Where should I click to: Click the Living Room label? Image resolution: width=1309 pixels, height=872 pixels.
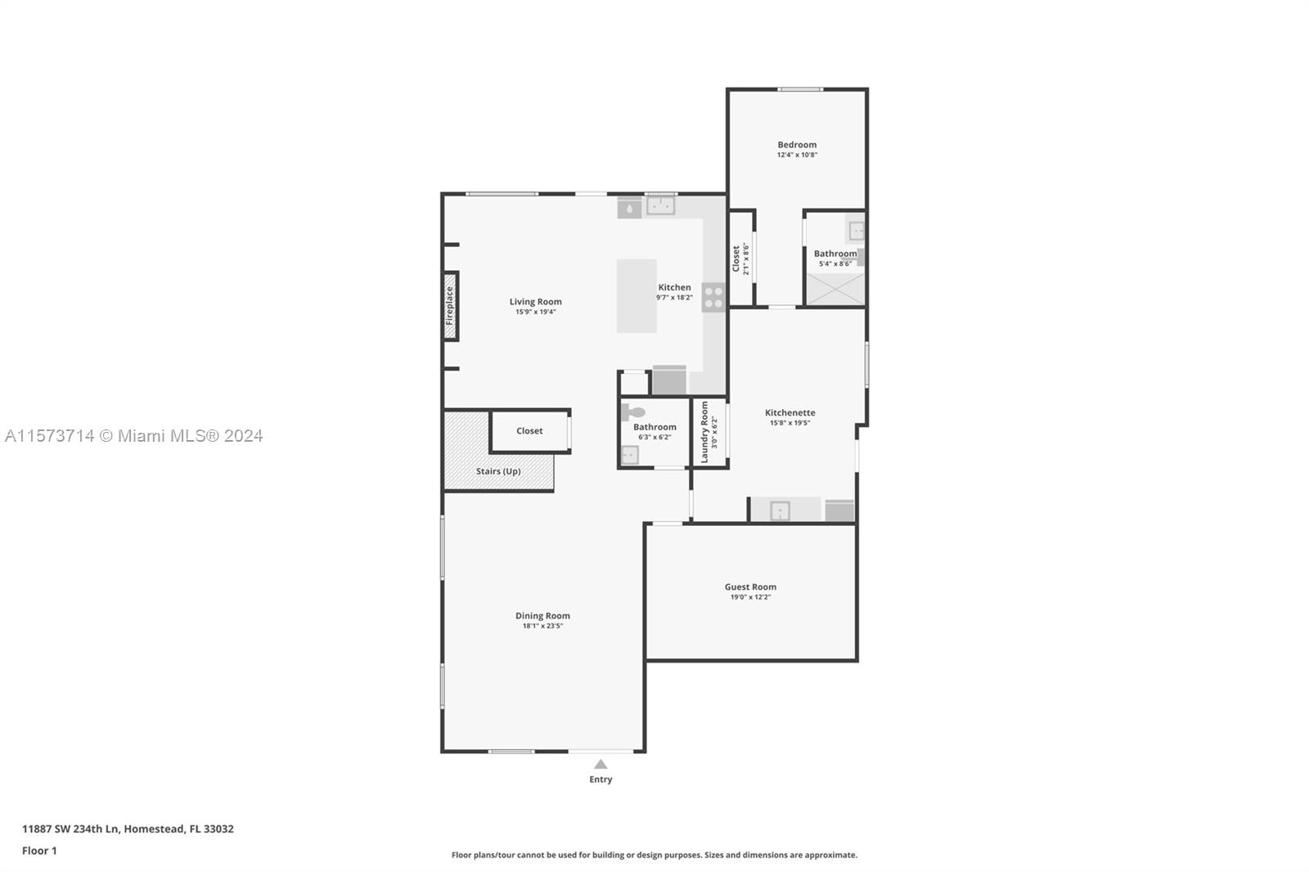click(535, 302)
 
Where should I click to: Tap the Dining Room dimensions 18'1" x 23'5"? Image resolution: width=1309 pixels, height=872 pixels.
click(542, 626)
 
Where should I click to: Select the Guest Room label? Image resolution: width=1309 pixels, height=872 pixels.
click(750, 587)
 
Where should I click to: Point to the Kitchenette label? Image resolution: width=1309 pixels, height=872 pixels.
click(790, 412)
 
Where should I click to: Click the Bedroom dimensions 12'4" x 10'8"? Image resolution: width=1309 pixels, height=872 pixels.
click(797, 155)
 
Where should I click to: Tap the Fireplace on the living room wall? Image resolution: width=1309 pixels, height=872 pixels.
click(449, 306)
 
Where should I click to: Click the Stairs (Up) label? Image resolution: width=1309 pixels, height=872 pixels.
click(498, 471)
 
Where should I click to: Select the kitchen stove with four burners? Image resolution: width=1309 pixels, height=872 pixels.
click(713, 297)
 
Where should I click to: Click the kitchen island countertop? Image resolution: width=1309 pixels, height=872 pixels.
click(637, 296)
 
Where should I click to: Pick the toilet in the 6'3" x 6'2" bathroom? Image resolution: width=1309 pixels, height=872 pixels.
click(632, 412)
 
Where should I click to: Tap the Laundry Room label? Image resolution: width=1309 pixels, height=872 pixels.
click(704, 432)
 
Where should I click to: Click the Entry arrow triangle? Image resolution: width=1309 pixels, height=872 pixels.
click(601, 764)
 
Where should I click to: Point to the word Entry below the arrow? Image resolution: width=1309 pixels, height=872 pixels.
click(601, 779)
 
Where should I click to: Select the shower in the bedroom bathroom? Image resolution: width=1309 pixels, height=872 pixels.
click(835, 289)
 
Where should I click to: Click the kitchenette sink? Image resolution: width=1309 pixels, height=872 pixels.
click(780, 510)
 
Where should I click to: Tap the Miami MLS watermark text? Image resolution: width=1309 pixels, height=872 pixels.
click(134, 436)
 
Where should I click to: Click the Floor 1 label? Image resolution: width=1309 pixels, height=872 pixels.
click(39, 851)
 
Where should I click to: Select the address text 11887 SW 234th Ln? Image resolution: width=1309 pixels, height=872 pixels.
click(70, 829)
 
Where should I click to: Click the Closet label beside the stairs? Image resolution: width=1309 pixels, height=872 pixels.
click(529, 431)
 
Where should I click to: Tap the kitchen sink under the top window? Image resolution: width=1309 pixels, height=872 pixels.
click(661, 205)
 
